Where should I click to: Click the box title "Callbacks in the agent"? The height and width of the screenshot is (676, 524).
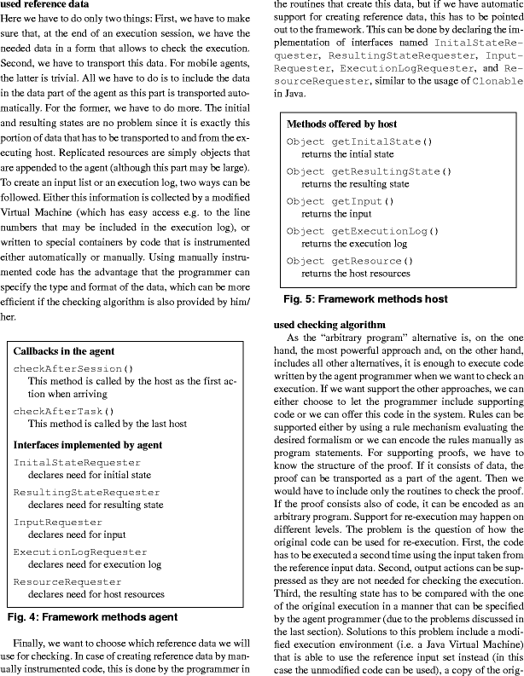(x=64, y=351)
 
